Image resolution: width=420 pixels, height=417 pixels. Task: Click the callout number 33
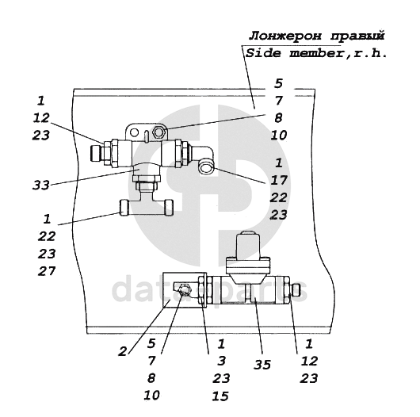(x=41, y=185)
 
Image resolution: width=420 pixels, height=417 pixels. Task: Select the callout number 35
(x=262, y=365)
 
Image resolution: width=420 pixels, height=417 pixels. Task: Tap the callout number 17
(x=279, y=180)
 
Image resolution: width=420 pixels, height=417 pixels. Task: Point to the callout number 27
(x=47, y=271)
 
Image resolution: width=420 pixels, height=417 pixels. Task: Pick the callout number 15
(x=220, y=396)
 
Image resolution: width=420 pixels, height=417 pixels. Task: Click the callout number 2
(x=123, y=351)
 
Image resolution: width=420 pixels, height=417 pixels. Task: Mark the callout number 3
(x=221, y=361)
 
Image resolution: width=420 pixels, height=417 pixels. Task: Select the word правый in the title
(x=357, y=36)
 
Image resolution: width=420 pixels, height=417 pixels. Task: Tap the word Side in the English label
(x=263, y=53)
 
